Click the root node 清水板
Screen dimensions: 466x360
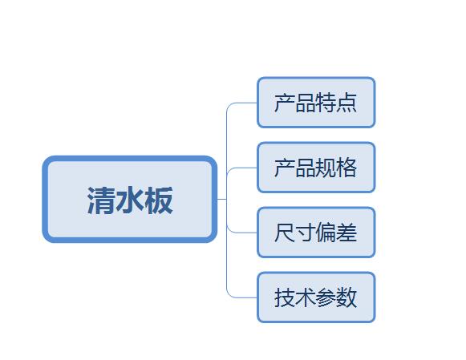coord(130,199)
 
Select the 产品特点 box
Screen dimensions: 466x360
coord(316,103)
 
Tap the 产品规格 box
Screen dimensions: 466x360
coord(316,168)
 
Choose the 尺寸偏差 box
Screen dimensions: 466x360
coord(316,233)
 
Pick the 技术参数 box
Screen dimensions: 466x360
coord(316,297)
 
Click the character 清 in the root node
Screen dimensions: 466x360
coord(101,200)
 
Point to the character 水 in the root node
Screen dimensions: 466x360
coord(130,200)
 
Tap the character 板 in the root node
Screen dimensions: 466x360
coord(159,200)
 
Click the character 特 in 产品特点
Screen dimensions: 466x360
coord(326,103)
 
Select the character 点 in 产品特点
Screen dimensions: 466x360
coord(346,103)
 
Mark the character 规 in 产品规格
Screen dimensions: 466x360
coord(326,168)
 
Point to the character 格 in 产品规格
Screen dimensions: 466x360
coord(346,168)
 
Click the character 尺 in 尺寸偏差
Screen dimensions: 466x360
coord(285,233)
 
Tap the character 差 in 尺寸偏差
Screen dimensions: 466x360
coord(346,233)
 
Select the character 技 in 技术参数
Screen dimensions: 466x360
coord(285,297)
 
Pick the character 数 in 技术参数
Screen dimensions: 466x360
coord(346,297)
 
